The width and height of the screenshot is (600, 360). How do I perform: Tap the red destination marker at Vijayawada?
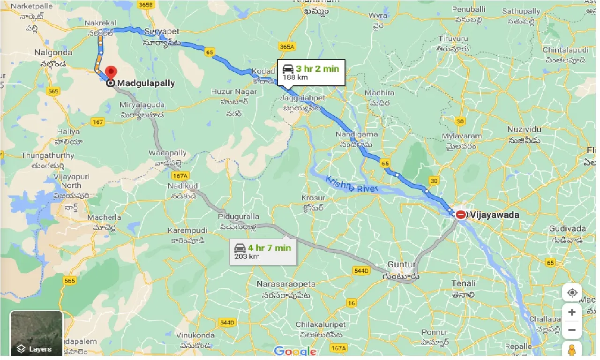[461, 215]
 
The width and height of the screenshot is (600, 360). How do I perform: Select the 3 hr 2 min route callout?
[311, 73]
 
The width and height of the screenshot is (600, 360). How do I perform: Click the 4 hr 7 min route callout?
[263, 252]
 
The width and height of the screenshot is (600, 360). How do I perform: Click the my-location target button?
[572, 293]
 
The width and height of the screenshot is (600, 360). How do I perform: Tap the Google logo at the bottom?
[295, 351]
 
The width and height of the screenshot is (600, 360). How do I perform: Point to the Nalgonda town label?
[53, 52]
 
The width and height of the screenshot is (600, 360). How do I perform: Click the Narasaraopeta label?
[286, 284]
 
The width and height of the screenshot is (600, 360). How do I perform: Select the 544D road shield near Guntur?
[361, 270]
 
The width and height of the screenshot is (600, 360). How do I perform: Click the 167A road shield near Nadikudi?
[180, 176]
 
